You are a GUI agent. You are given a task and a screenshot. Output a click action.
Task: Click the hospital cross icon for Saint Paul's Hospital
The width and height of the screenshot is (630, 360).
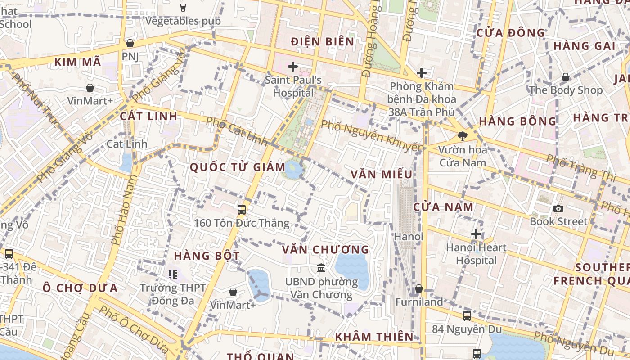click(x=293, y=67)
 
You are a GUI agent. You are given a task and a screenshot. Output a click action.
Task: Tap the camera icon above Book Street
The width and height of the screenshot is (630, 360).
click(x=558, y=208)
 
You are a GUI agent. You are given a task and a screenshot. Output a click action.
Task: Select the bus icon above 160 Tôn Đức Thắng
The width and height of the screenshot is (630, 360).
click(x=242, y=209)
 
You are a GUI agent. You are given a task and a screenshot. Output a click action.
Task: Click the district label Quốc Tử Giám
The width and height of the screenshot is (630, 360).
click(x=238, y=167)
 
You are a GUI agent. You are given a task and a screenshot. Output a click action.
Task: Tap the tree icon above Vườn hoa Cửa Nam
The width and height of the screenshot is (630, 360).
click(x=462, y=136)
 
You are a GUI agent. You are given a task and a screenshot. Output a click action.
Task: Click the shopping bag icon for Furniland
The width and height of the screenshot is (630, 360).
click(x=419, y=288)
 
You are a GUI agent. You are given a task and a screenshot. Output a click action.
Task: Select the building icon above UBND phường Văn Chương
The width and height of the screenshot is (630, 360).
click(x=321, y=268)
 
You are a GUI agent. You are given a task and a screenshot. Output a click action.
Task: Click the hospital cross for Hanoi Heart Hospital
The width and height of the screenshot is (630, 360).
click(x=476, y=234)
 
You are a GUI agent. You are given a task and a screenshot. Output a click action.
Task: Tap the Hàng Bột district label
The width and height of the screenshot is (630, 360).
click(x=207, y=256)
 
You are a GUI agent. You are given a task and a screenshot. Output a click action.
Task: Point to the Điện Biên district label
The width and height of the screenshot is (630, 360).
click(x=323, y=42)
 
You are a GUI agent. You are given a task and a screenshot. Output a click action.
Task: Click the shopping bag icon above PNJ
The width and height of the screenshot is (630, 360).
click(x=130, y=43)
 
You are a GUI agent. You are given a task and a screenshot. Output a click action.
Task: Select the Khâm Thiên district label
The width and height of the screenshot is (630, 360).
click(x=374, y=336)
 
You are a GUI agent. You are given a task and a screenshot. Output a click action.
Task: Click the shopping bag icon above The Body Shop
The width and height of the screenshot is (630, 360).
click(x=566, y=77)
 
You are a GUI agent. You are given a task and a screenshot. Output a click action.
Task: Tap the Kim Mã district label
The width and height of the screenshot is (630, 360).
click(x=78, y=62)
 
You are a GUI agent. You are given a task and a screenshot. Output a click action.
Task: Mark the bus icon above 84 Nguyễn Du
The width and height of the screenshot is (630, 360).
click(x=467, y=316)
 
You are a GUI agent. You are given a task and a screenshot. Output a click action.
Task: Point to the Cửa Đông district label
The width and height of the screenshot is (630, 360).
click(x=510, y=33)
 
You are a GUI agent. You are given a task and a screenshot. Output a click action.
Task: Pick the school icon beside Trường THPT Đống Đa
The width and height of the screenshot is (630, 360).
click(x=172, y=274)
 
